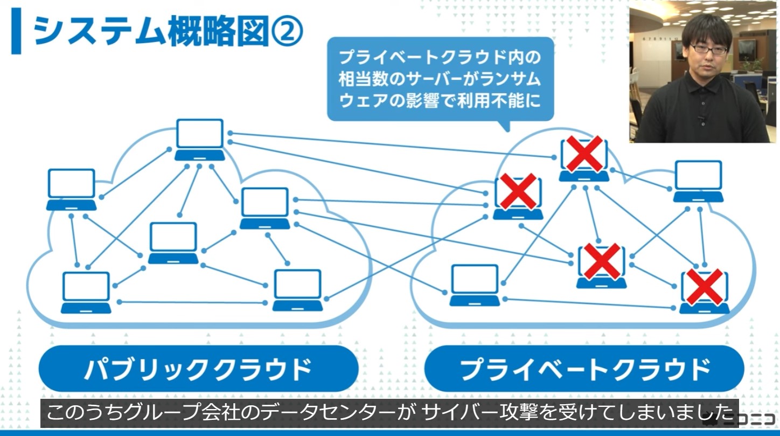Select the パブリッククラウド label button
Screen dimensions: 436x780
(x=198, y=369)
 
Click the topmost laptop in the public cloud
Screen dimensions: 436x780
(x=200, y=140)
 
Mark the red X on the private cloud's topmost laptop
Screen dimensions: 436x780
(x=583, y=154)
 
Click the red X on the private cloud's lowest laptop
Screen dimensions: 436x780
(x=704, y=287)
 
